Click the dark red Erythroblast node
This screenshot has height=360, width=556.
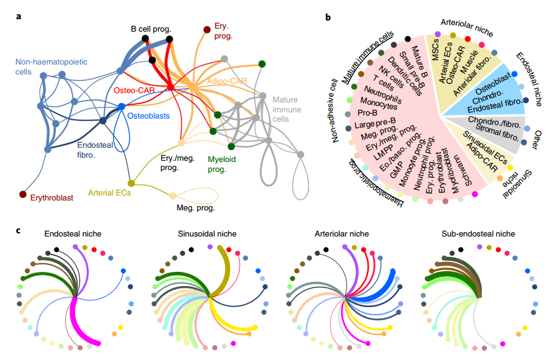(23, 195)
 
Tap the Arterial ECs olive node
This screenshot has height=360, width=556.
(131, 183)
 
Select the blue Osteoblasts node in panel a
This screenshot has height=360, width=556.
(122, 107)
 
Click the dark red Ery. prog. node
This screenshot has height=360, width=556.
(207, 29)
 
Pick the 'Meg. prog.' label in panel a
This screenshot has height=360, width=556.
(195, 208)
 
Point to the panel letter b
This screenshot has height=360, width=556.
(328, 17)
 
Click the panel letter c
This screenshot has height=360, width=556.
(19, 230)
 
